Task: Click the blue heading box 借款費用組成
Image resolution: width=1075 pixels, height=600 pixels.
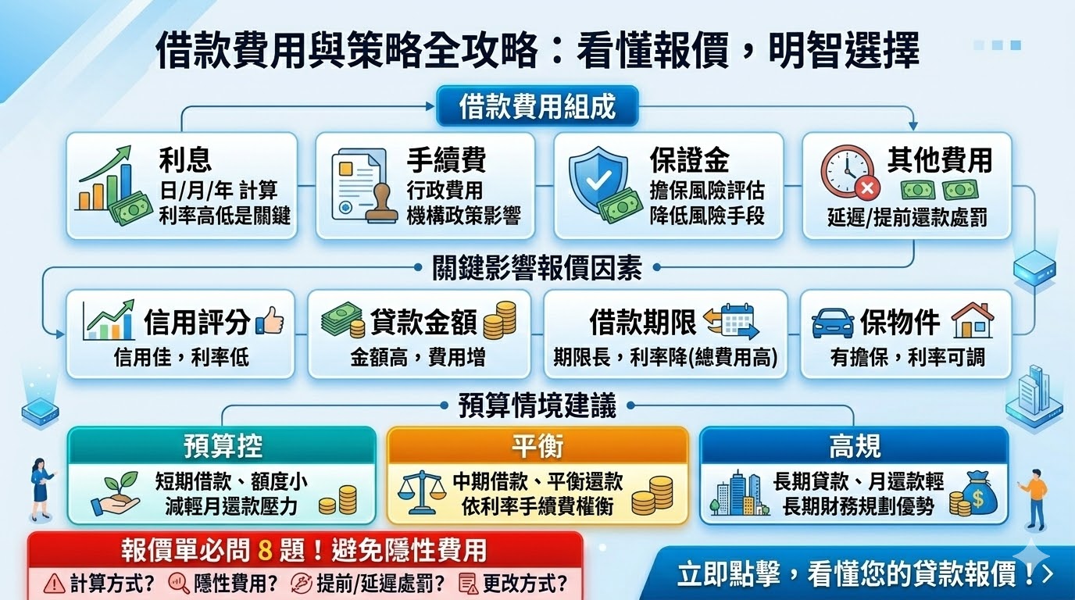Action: click(x=537, y=106)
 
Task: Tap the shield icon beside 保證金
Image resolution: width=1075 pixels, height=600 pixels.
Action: click(x=598, y=179)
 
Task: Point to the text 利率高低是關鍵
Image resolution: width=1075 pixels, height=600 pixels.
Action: click(x=224, y=216)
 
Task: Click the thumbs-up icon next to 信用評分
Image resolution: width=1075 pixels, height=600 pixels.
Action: click(x=270, y=321)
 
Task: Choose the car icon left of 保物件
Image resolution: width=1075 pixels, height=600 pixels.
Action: click(x=832, y=323)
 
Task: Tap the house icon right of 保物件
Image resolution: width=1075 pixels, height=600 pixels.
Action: click(x=972, y=320)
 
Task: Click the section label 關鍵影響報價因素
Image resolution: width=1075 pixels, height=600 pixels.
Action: click(x=537, y=268)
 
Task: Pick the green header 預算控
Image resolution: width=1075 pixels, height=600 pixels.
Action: click(x=223, y=446)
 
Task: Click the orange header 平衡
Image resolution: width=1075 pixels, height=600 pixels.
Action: click(x=537, y=446)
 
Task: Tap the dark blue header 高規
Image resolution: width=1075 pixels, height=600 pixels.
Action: click(x=854, y=446)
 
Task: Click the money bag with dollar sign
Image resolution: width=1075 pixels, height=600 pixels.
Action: click(x=977, y=492)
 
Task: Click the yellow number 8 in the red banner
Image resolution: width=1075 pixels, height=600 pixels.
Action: click(x=265, y=551)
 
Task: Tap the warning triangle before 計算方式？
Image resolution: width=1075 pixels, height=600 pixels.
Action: click(x=55, y=583)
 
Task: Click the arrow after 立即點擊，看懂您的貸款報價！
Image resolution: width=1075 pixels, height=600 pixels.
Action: click(x=1048, y=574)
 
